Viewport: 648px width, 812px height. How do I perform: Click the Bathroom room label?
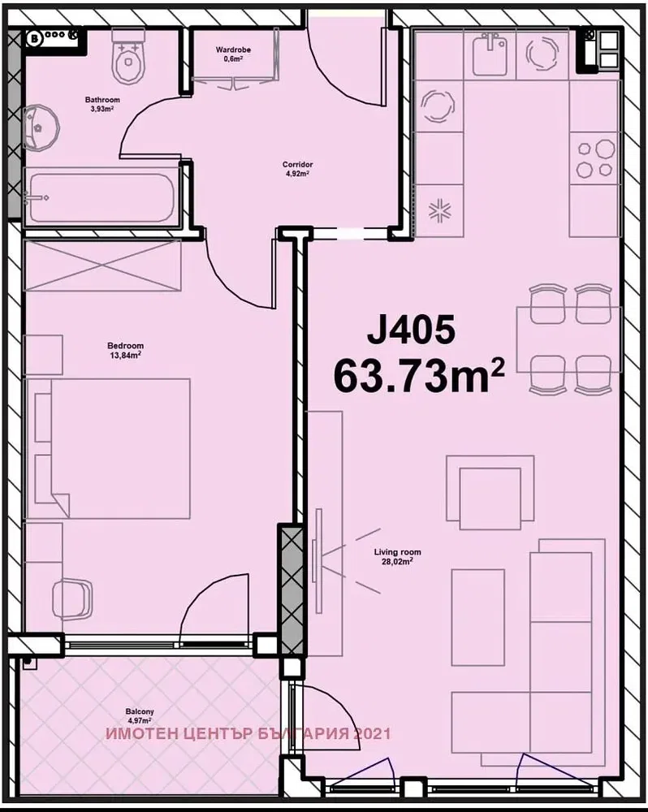(102, 99)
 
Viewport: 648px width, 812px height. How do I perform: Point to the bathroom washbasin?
(41, 128)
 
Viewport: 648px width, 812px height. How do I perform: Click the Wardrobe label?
(233, 50)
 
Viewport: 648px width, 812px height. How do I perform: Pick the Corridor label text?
(297, 165)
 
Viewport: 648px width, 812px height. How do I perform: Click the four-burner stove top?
(595, 158)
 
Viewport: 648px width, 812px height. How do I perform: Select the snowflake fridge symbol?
(440, 211)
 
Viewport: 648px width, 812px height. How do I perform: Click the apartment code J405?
(411, 331)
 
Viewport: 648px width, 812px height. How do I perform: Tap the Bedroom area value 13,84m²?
(125, 355)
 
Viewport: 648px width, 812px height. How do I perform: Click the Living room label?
(397, 552)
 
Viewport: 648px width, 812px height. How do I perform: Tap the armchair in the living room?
(490, 493)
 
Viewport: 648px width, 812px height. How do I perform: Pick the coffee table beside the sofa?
(478, 617)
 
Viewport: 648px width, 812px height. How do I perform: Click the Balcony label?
(140, 711)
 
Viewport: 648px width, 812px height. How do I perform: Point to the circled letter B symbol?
(35, 38)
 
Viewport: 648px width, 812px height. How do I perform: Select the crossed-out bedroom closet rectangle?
(102, 266)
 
